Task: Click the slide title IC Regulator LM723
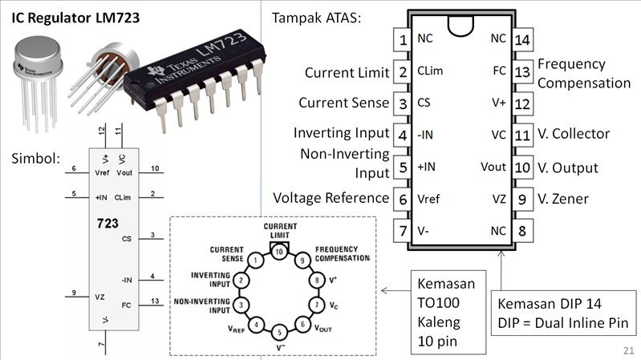pyautogui.click(x=75, y=17)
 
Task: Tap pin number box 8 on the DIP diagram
pyautogui.click(x=522, y=231)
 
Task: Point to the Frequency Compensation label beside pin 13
pyautogui.click(x=583, y=73)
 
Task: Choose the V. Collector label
pyautogui.click(x=574, y=135)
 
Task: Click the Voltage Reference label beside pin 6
pyautogui.click(x=331, y=198)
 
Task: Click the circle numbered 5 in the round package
pyautogui.click(x=278, y=332)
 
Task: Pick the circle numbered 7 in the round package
pyautogui.click(x=315, y=305)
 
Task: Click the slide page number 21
pyautogui.click(x=627, y=350)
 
